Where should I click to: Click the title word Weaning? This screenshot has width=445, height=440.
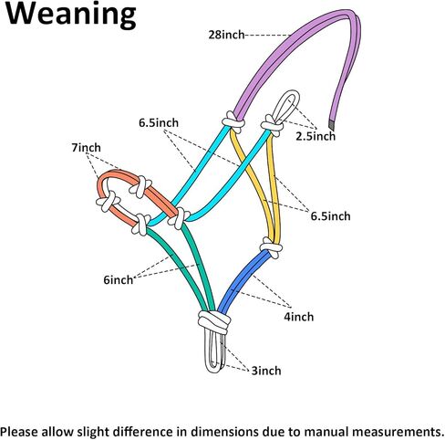pos(71,15)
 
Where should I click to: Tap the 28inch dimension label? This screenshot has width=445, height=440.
pos(226,35)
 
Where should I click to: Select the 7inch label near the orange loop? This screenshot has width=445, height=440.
pos(86,148)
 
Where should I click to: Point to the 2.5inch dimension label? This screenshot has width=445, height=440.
pos(316,136)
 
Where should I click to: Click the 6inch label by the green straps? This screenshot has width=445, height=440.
pos(119,279)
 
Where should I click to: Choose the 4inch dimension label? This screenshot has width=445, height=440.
pos(299,317)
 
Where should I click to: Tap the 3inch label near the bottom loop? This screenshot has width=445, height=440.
pos(266,371)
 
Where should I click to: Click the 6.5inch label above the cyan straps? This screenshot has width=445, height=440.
pos(159,123)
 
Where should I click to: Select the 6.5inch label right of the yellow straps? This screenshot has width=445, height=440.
pos(330,216)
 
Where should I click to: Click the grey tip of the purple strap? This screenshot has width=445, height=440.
pos(332,125)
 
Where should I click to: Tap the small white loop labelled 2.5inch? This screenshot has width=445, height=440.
pos(286,105)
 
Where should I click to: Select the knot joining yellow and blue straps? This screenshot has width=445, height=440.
pos(271,247)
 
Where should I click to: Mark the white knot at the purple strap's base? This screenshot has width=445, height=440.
pos(233,121)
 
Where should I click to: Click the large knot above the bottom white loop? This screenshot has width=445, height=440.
pos(214,322)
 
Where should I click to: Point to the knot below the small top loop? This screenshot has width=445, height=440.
pos(272,125)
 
